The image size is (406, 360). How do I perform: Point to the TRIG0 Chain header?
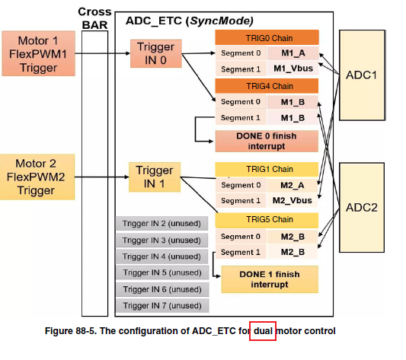click(266, 37)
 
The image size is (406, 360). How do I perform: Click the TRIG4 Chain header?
click(266, 86)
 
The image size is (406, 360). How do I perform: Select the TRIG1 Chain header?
click(266, 168)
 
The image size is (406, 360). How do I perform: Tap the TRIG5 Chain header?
click(266, 219)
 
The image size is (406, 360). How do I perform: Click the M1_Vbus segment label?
click(293, 68)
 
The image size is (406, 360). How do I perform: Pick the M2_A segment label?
click(293, 185)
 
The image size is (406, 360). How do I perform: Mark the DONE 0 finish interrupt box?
click(266, 140)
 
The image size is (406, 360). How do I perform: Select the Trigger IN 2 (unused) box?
click(161, 223)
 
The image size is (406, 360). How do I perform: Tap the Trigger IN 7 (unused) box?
click(161, 305)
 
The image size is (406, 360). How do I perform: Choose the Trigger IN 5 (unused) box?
click(161, 272)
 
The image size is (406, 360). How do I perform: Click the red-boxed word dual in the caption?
click(262, 331)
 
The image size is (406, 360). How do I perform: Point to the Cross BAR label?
click(94, 18)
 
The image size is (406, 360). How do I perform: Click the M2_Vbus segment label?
click(293, 200)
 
